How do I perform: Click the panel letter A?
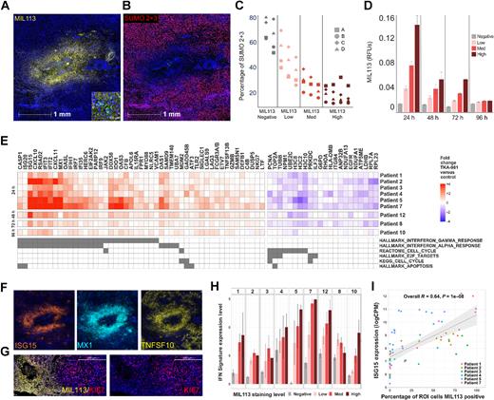point(7,8)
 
